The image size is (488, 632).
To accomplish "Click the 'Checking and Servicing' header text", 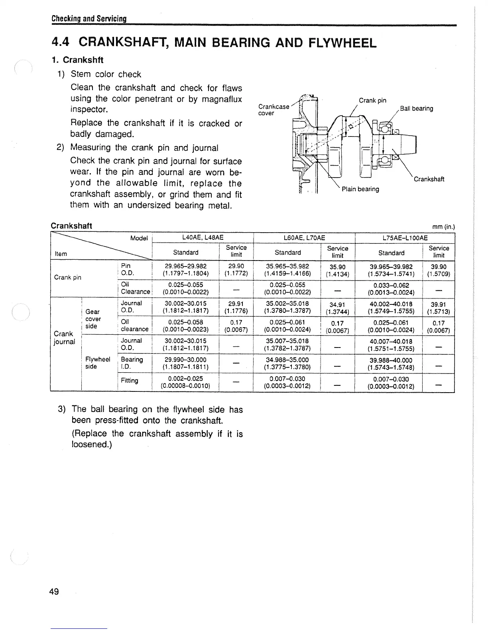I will click(89, 19).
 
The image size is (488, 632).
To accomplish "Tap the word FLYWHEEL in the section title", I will click(342, 42).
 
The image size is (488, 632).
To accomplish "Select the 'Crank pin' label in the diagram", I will click(372, 100).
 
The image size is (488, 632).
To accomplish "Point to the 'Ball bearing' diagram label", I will click(417, 109).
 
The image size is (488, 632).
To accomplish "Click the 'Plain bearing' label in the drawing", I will click(360, 189).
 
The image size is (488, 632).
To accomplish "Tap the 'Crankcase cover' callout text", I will click(274, 110).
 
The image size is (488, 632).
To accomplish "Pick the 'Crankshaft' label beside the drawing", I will click(429, 179).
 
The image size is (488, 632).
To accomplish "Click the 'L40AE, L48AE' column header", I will click(203, 238).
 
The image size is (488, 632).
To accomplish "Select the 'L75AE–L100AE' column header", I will click(405, 238).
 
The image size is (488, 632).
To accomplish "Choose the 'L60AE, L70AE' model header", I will click(304, 238).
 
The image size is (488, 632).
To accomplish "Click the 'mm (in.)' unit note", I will click(444, 227).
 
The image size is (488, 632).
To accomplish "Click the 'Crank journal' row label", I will click(64, 338).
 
